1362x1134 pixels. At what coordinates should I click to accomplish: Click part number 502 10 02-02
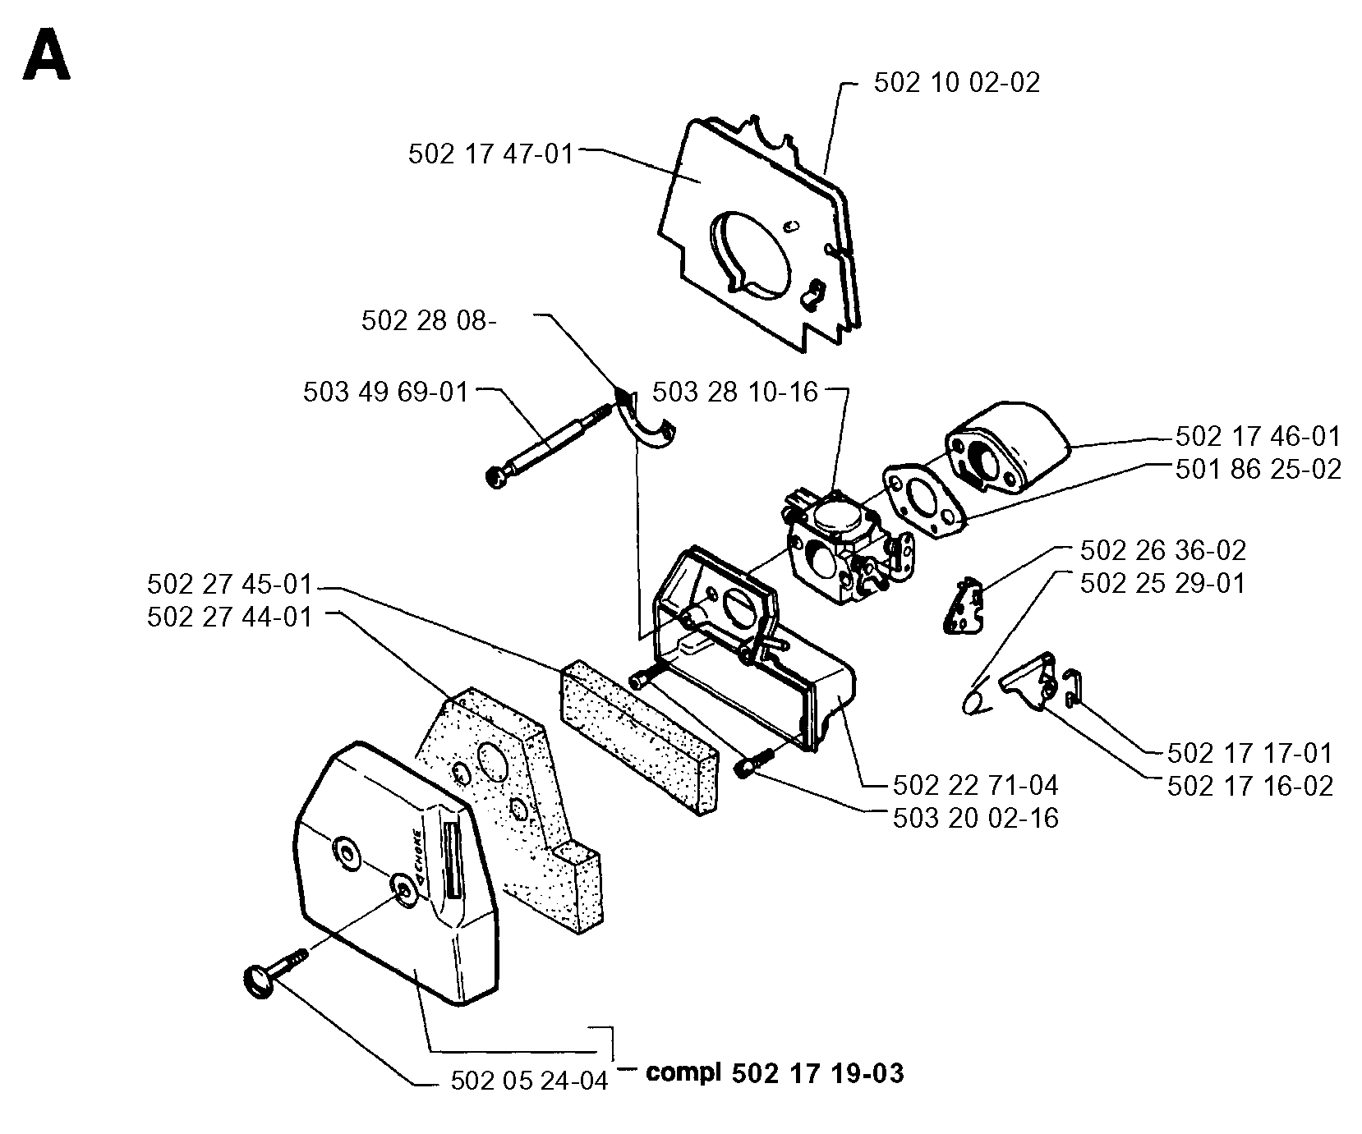click(956, 83)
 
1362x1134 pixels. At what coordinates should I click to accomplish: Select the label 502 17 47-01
click(491, 154)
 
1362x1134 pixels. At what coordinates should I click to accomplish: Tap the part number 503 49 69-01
click(386, 392)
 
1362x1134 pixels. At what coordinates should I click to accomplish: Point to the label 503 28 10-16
click(735, 392)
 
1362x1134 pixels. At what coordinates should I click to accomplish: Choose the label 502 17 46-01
click(1258, 436)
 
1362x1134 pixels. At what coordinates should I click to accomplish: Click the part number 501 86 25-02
click(1258, 469)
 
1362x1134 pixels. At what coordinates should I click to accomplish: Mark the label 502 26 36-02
click(1162, 550)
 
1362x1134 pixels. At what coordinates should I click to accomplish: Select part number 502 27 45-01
click(231, 585)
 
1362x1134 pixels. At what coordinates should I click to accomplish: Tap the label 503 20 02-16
click(975, 818)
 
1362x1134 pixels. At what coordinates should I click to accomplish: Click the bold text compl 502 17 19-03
click(775, 1073)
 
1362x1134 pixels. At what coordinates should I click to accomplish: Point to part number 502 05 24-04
click(530, 1081)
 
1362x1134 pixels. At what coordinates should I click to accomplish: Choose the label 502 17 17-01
click(1249, 753)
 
